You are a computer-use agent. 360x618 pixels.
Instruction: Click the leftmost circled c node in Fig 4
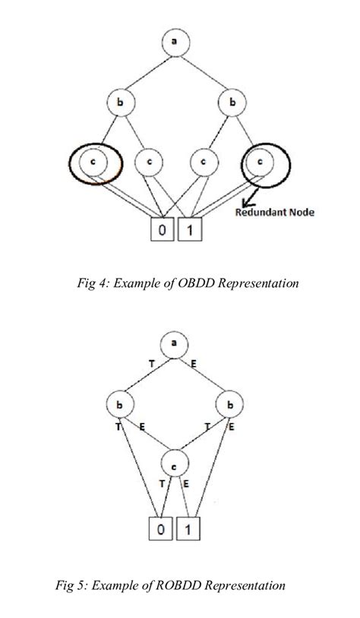point(92,161)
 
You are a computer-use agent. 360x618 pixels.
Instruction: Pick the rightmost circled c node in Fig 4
point(261,161)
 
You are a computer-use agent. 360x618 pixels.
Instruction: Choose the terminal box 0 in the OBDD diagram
point(163,229)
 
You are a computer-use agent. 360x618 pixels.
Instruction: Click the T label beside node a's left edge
point(151,364)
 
